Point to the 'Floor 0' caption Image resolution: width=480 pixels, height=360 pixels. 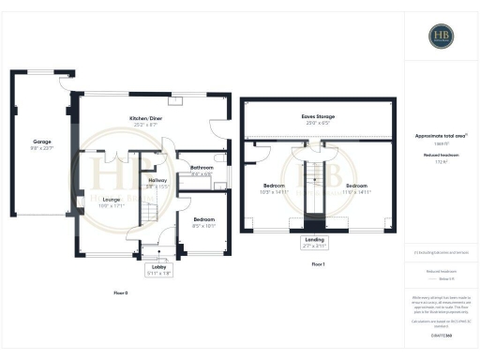(x=119, y=292)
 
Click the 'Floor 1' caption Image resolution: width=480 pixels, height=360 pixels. (x=318, y=264)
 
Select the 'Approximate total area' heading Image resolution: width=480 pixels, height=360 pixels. (x=440, y=136)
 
